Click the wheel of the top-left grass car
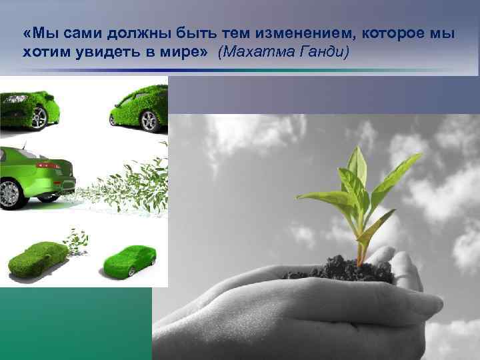[39, 118]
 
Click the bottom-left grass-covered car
[37, 259]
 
